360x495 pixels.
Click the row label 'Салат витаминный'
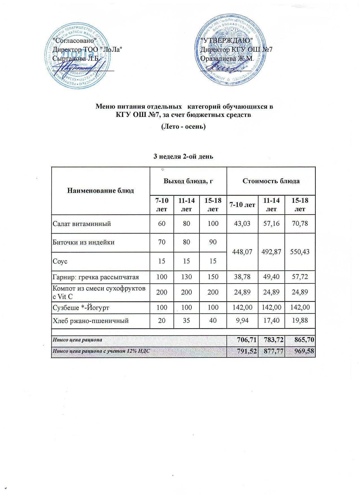[82, 224]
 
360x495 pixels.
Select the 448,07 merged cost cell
[242, 252]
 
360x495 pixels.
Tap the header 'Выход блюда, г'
[188, 181]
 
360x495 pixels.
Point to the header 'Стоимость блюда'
[271, 181]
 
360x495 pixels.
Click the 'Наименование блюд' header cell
[100, 191]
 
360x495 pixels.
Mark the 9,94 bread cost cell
[242, 321]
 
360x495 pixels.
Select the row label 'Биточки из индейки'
[84, 242]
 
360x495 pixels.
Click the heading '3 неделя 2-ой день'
[183, 156]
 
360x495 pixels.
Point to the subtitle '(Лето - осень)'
[183, 127]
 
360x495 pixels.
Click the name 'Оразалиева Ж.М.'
[227, 59]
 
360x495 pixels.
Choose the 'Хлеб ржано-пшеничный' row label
[91, 321]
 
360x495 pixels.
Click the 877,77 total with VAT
[271, 352]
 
